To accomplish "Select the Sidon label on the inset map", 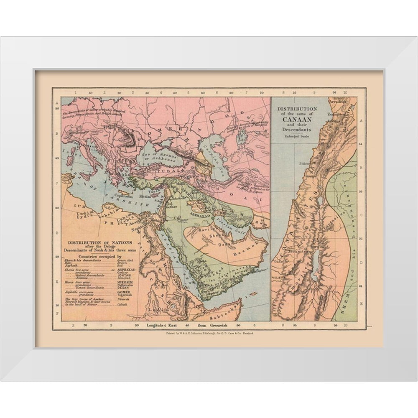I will (305, 164).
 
